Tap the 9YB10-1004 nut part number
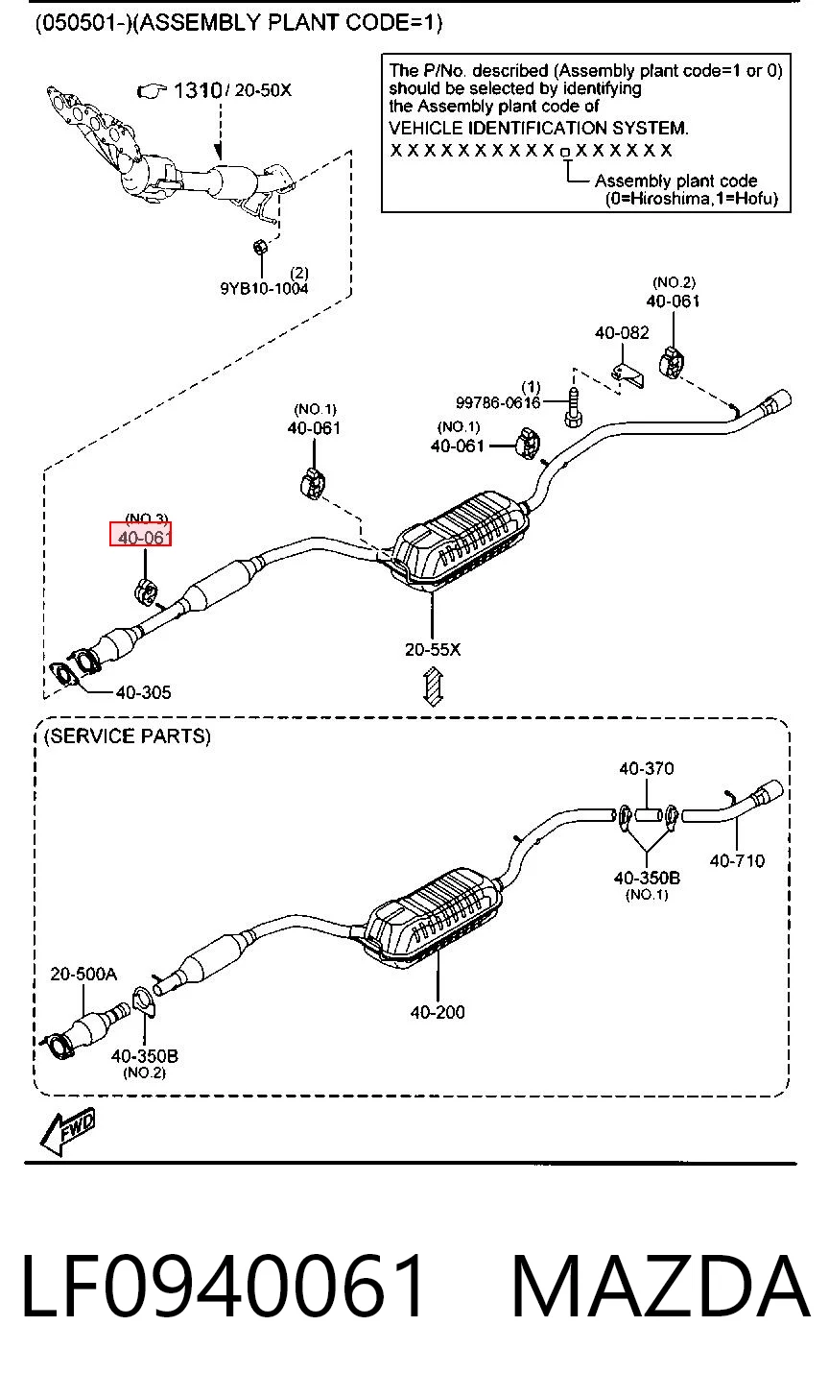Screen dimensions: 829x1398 point(264,288)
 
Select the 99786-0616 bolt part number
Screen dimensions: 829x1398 point(498,402)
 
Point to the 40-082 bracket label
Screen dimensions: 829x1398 point(622,332)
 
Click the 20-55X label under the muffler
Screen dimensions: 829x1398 point(433,650)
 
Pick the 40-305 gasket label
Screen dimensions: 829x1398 point(144,692)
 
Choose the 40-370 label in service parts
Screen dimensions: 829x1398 point(647,768)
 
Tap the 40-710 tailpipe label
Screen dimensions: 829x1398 point(737,860)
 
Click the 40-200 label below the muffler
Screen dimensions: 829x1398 point(438,1012)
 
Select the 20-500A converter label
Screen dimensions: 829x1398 point(83,974)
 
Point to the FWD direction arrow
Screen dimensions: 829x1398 point(67,1131)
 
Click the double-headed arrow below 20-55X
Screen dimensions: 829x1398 point(433,687)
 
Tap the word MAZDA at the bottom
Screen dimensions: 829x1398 point(660,1288)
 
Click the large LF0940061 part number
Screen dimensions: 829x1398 point(224,1288)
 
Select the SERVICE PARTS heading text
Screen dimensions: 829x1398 point(128,736)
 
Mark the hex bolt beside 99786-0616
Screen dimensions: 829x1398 point(573,407)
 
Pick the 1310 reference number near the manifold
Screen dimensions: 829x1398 point(197,91)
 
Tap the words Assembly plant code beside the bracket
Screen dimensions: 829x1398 point(675,181)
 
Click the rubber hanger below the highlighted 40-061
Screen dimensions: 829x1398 point(145,591)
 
